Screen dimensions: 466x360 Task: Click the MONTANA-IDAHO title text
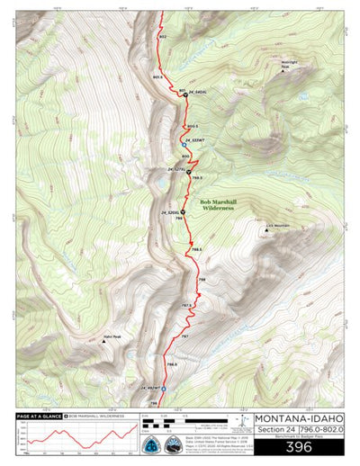coord(298,417)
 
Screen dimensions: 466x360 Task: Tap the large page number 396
coord(298,445)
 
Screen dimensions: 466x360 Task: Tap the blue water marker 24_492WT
coord(164,389)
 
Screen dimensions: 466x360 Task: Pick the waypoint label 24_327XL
coord(177,169)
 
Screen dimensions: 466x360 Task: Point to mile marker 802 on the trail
coord(162,37)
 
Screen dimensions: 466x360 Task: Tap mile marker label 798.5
coord(196,248)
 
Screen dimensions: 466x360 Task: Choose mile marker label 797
coord(184,336)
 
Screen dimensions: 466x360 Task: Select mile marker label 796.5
coord(170,364)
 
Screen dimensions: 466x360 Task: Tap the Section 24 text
coord(275,430)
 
